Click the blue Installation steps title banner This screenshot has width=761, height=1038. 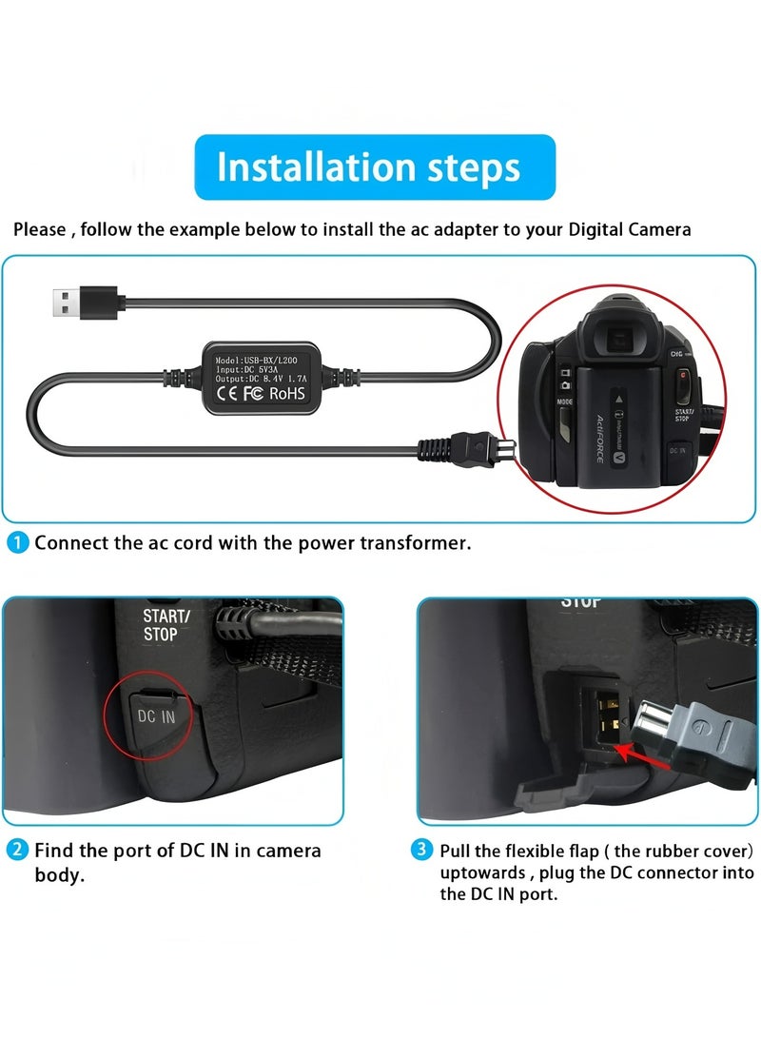375,167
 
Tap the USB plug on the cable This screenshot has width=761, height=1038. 83,303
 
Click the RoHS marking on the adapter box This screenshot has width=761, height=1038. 288,392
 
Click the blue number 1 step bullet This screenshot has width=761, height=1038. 18,543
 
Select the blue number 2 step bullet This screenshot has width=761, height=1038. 18,850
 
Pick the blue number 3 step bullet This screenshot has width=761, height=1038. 422,850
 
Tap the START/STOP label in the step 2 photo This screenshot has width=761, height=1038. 166,625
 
